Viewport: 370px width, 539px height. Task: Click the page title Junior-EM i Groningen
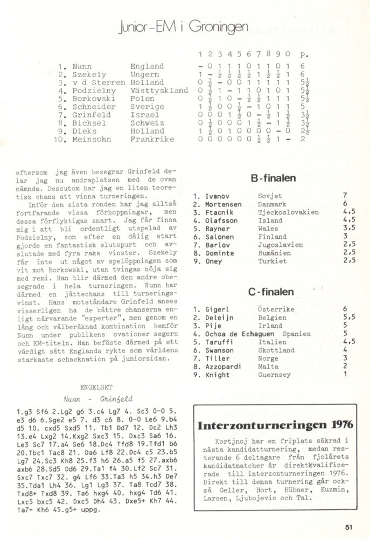(184, 27)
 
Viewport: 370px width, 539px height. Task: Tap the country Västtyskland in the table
(159, 91)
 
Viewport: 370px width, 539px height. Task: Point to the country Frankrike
(152, 139)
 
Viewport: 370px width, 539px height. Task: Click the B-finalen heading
(273, 178)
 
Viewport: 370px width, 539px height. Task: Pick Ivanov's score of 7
(345, 196)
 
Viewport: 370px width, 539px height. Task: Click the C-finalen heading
(271, 292)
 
